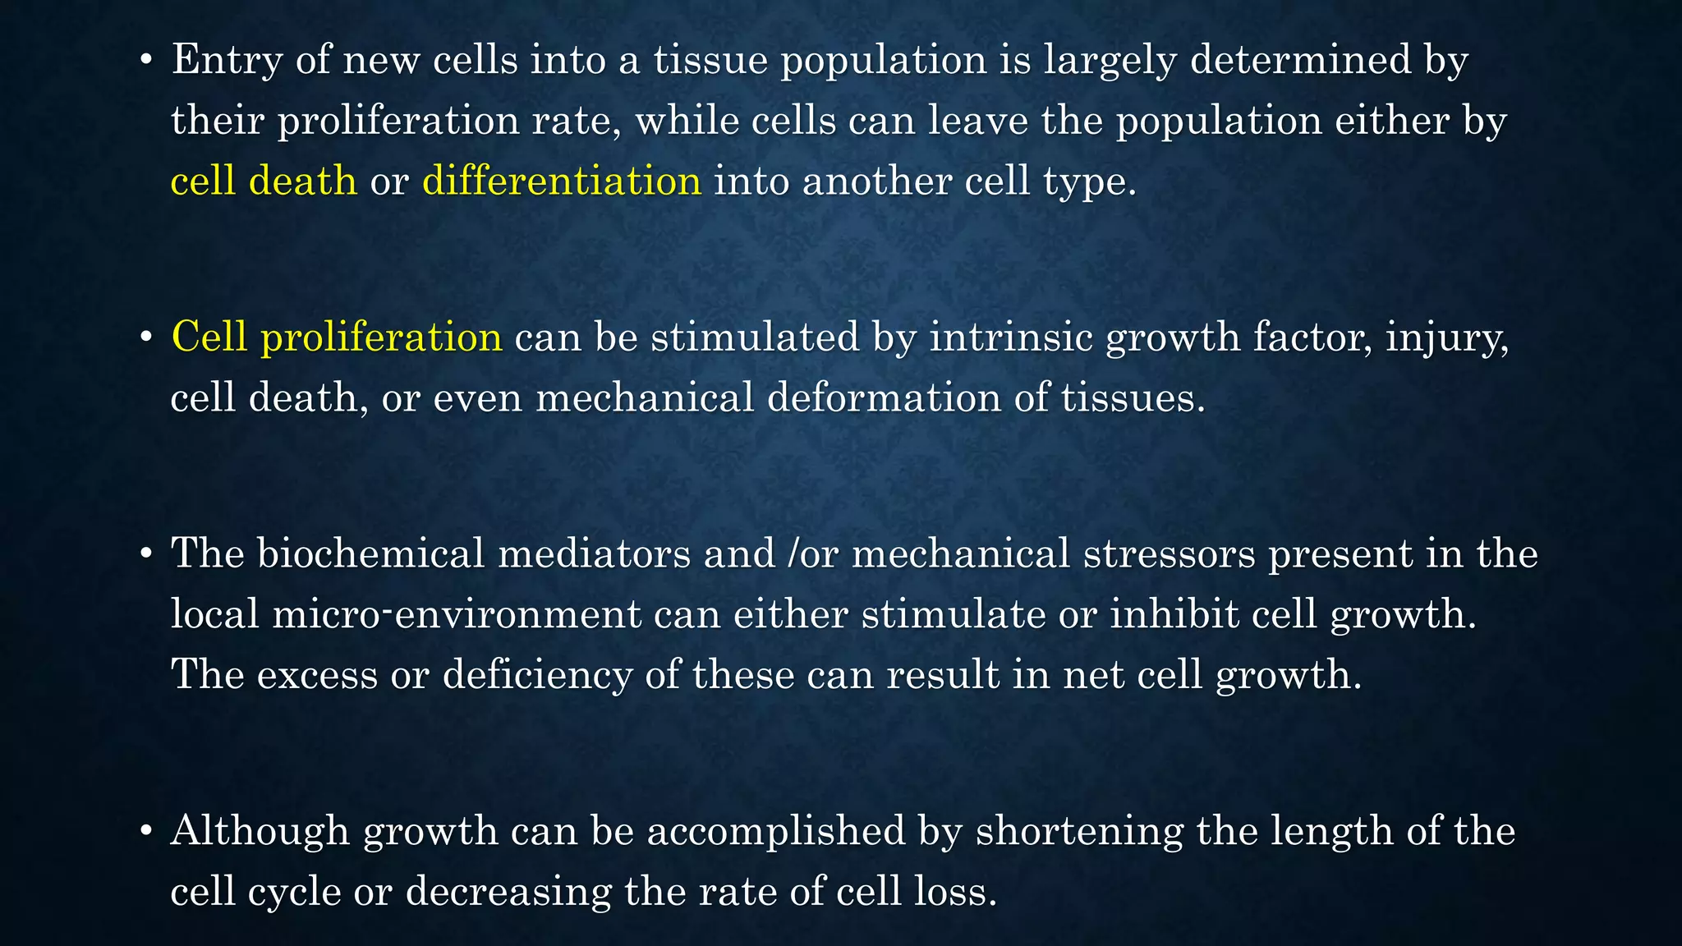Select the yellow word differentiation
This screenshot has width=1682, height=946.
[562, 181]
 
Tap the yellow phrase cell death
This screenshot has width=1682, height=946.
[264, 181]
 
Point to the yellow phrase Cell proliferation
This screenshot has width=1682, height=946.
[337, 338]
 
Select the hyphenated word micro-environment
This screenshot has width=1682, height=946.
[457, 614]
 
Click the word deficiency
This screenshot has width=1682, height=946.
[537, 675]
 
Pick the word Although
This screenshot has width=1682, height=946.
[260, 831]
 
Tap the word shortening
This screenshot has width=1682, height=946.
[1079, 831]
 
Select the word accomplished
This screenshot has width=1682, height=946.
[776, 831]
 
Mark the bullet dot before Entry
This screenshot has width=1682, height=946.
[146, 61]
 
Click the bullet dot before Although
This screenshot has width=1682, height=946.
[146, 831]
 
